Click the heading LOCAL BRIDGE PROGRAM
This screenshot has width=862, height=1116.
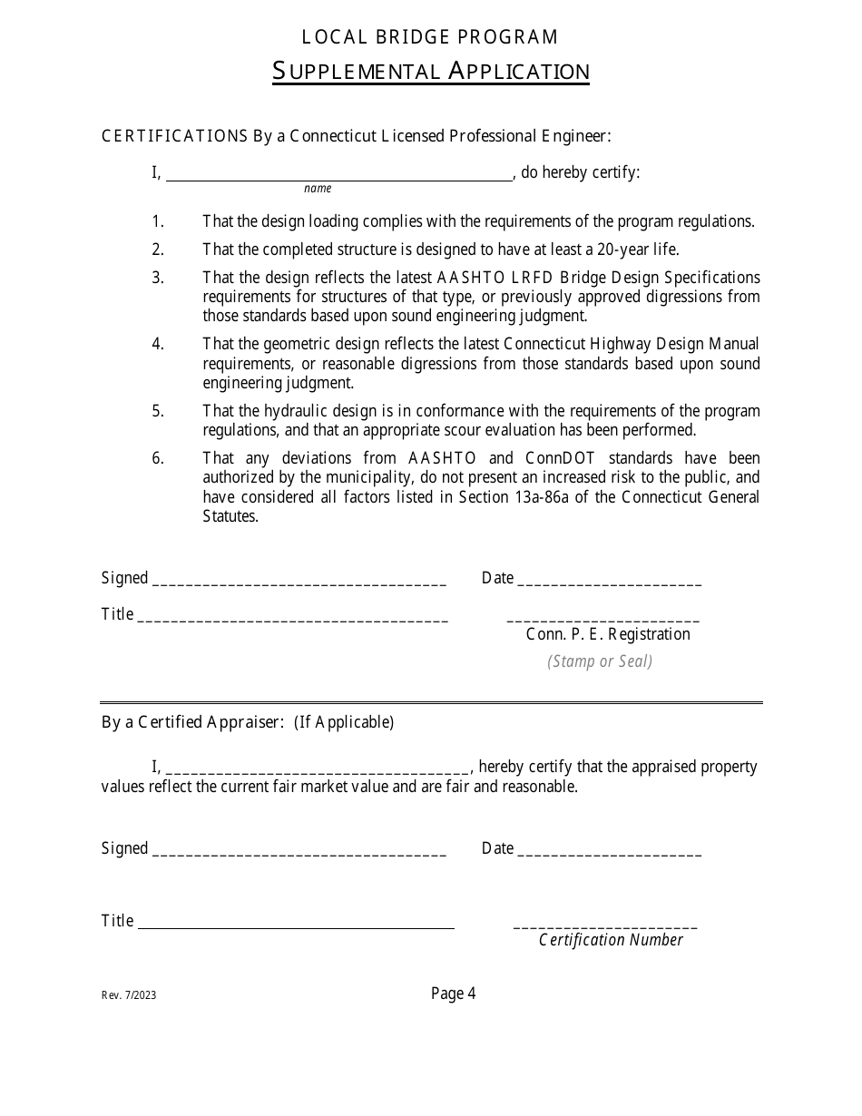point(430,37)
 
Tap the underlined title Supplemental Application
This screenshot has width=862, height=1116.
point(430,72)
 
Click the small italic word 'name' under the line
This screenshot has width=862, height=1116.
point(318,189)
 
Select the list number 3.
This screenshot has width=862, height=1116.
point(158,278)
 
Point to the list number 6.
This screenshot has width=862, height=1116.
point(158,458)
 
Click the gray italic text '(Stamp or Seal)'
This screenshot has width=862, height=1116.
point(600,661)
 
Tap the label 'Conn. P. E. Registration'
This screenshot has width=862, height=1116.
point(608,634)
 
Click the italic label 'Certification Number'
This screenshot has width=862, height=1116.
point(611,940)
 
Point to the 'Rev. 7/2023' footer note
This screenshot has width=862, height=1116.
point(129,995)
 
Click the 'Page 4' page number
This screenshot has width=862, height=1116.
point(453,994)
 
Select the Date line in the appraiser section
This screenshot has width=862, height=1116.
point(609,851)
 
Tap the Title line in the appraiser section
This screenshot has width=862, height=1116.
point(296,924)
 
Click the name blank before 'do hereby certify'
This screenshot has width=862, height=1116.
point(339,175)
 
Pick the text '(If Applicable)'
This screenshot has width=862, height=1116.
point(344,722)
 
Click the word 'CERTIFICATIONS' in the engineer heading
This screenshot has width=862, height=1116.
point(175,136)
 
